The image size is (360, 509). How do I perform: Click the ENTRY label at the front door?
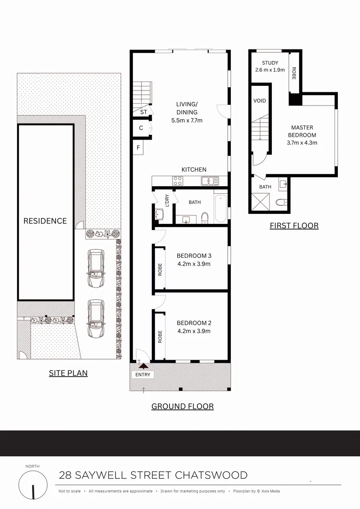[x=143, y=375]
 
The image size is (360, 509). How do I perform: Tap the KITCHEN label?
[x=194, y=170]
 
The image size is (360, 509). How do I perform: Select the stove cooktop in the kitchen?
[x=178, y=180]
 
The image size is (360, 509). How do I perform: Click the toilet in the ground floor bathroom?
[x=205, y=218]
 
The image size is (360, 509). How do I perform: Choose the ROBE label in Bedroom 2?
[x=160, y=336]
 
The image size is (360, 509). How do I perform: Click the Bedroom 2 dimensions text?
[x=194, y=331]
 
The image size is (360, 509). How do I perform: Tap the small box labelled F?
[x=139, y=148]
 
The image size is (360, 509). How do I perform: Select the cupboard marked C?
[x=141, y=128]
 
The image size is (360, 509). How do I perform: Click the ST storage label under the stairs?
[x=143, y=112]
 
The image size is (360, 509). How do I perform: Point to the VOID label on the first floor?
[x=260, y=101]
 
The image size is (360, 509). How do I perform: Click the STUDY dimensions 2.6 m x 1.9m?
[x=270, y=70]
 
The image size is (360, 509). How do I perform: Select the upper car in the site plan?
[x=96, y=268]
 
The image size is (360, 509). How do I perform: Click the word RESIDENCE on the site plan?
[x=45, y=221]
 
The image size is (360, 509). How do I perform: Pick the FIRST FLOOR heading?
[x=294, y=226]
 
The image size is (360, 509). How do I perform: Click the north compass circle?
[x=33, y=485]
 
